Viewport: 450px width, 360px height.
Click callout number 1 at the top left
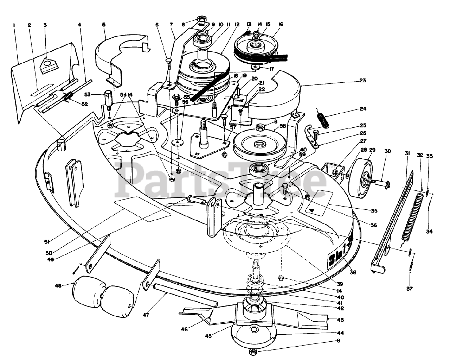13,25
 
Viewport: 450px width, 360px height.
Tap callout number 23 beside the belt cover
363,81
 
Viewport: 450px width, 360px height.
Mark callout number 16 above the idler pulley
280,24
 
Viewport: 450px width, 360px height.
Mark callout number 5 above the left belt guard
104,25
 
